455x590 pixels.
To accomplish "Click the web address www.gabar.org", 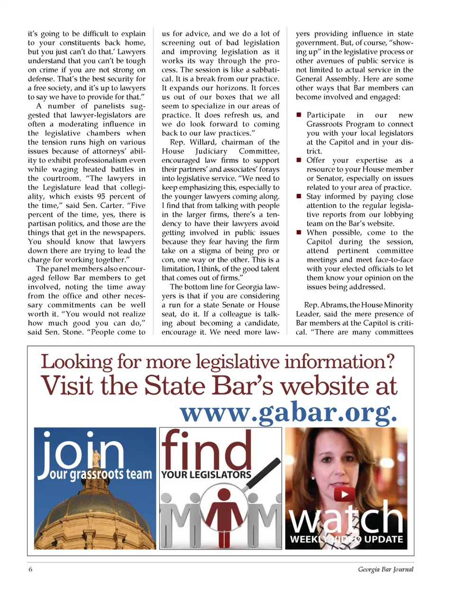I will coord(288,413).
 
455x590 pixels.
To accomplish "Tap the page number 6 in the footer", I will coord(31,569).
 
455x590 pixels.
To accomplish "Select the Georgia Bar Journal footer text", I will coord(385,569).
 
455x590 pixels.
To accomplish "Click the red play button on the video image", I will coord(345,494).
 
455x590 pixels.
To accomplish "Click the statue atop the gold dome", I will coord(96,458).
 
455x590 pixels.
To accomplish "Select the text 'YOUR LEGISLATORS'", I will coord(206,474).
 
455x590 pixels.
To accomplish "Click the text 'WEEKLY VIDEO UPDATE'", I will coord(346,539).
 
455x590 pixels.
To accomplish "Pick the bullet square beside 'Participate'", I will coord(299,115).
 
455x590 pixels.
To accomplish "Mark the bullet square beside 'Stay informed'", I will coord(299,196).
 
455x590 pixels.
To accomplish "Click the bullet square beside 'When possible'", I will coord(299,232).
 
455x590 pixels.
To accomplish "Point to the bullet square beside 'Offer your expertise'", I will coord(299,160).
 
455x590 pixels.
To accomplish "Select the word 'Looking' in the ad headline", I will coord(76,362).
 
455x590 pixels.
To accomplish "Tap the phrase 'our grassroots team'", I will coord(101,474).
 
